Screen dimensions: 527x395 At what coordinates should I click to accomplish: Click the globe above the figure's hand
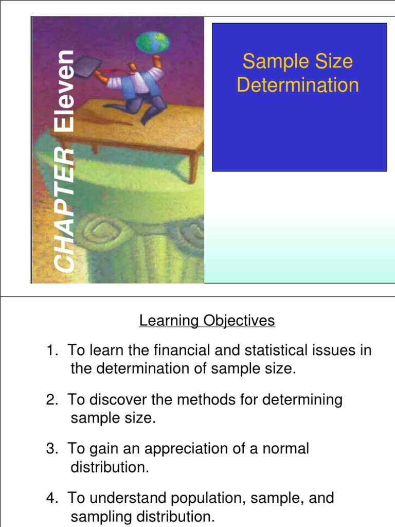pyautogui.click(x=153, y=43)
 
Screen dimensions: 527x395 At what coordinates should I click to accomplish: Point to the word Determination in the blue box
pyautogui.click(x=298, y=85)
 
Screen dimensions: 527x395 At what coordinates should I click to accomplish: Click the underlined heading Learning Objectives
pyautogui.click(x=207, y=321)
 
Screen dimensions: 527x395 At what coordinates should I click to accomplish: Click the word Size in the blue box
pyautogui.click(x=334, y=62)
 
